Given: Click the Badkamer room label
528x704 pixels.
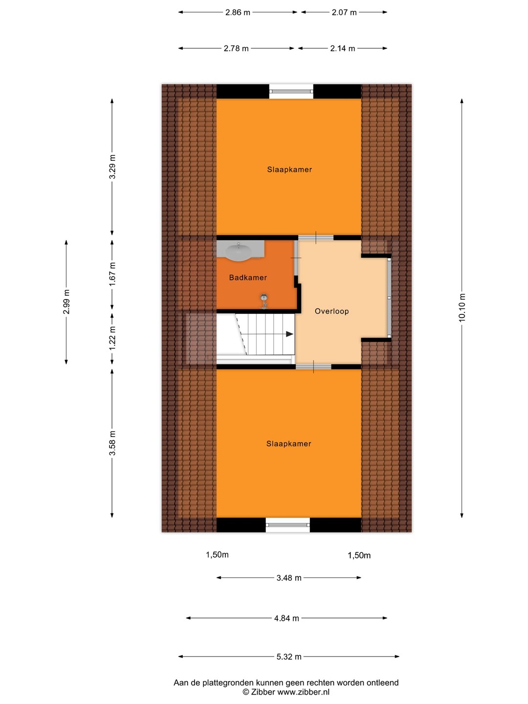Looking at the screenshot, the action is tap(248, 277).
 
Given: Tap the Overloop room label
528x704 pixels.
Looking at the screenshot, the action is tap(331, 311).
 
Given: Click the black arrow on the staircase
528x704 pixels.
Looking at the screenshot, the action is tap(290, 334).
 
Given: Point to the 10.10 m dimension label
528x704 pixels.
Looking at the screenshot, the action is tap(462, 307).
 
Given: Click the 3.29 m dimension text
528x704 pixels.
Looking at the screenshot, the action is tap(112, 167).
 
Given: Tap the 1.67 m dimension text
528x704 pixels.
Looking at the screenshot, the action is tap(112, 274).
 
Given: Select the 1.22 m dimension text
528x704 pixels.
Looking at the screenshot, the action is tap(112, 339).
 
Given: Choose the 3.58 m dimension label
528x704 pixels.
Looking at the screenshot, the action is tap(112, 443).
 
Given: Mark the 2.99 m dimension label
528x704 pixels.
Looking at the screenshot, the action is tap(66, 302).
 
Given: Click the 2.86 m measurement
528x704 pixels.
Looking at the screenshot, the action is tap(238, 13).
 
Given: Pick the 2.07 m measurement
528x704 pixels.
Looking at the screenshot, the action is tap(344, 13).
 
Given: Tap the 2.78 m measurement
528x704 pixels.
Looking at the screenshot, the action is tap(236, 48).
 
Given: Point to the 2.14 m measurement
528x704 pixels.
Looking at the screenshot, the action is tap(343, 48).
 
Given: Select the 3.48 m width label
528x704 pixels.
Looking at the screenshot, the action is tap(289, 578).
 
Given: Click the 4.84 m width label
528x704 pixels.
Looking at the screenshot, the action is tap(286, 618).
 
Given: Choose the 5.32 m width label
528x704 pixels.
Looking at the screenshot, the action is tap(289, 657).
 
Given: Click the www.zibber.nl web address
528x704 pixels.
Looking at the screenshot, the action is tap(303, 692).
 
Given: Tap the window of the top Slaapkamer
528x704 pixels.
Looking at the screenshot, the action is tap(291, 91).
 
